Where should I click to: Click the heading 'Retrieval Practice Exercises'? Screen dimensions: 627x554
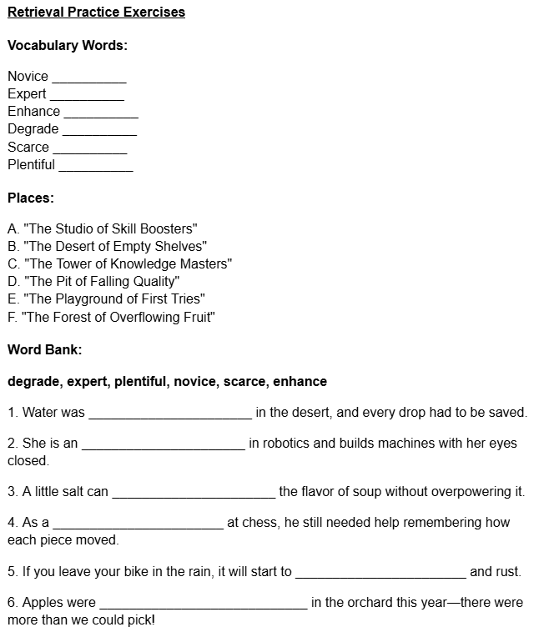[x=96, y=12]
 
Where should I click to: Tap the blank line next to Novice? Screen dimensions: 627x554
[x=88, y=80]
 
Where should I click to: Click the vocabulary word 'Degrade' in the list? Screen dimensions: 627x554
[x=33, y=129]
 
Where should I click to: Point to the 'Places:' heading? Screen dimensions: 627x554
[x=31, y=198]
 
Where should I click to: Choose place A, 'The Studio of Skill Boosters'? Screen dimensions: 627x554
[x=102, y=228]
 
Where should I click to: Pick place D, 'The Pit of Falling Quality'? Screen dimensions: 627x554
[x=93, y=281]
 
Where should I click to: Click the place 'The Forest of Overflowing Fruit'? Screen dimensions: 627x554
[x=111, y=317]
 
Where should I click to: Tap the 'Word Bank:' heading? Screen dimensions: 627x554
[x=44, y=349]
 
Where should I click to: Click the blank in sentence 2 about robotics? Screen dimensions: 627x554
[x=163, y=447]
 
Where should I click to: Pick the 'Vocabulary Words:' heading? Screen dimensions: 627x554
[x=68, y=45]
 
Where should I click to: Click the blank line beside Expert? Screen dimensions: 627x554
[x=87, y=98]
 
